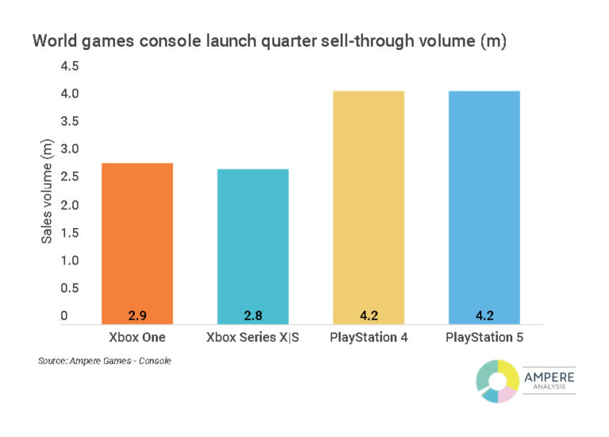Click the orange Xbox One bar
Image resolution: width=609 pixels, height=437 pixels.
point(137,242)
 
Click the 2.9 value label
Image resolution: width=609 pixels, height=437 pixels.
point(137,316)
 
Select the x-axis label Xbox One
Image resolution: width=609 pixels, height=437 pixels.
point(137,337)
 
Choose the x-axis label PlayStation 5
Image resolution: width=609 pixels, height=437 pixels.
point(484,337)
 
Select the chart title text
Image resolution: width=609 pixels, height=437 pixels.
point(269,41)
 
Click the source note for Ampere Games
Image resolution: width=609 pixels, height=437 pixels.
point(104,361)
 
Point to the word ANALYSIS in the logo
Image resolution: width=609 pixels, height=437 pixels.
point(549,389)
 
